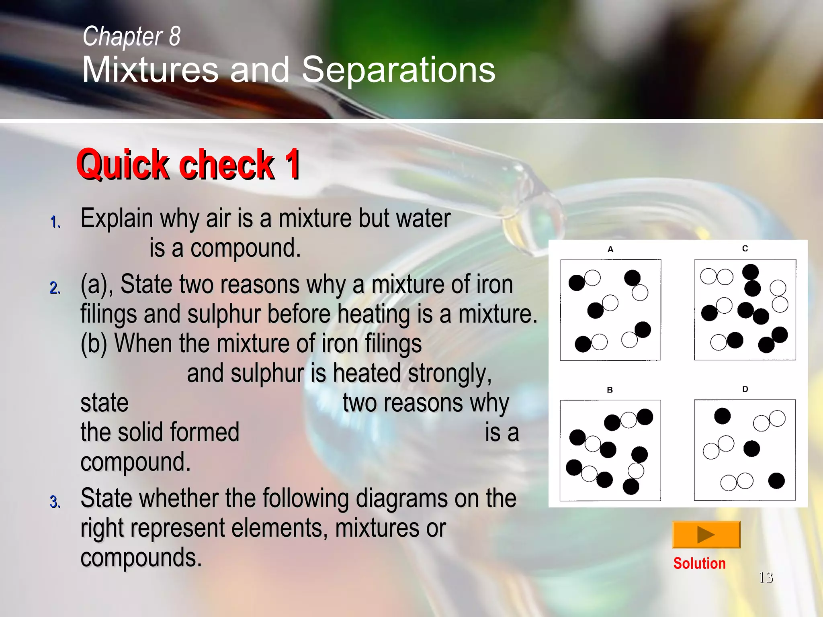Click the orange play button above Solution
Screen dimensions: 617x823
point(706,534)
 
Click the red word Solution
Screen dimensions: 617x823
point(699,563)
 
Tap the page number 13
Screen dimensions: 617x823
point(766,578)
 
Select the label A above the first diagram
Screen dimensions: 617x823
point(610,249)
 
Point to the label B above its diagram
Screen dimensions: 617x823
point(610,390)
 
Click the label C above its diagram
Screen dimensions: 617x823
point(745,249)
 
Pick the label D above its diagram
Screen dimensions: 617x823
point(745,389)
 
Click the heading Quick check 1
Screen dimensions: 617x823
point(188,165)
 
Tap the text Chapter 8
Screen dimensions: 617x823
point(131,36)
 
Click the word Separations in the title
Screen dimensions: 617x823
point(398,70)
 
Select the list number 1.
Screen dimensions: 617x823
point(55,222)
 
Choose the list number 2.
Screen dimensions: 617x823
point(55,288)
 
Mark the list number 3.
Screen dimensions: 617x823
point(55,502)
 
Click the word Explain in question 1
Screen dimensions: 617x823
point(117,219)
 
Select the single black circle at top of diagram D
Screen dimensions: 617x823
point(722,416)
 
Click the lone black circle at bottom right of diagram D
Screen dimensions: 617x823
point(776,481)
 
